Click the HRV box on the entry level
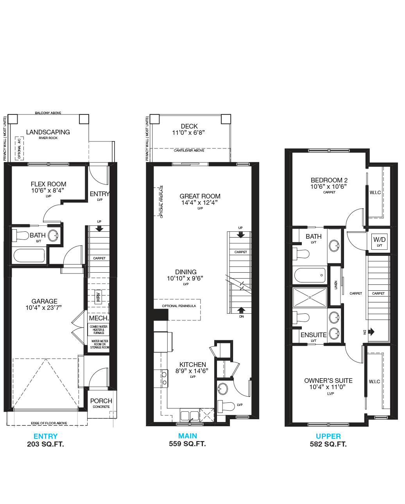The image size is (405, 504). (98, 297)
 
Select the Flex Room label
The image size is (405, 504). (48, 184)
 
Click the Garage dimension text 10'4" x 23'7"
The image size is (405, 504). (44, 307)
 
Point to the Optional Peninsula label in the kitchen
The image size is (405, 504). (179, 306)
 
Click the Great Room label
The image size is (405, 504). (200, 196)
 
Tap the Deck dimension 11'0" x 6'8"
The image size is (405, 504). (188, 132)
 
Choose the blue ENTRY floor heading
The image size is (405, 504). (45, 436)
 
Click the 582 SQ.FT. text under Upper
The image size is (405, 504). (328, 444)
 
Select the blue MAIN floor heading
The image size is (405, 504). (188, 436)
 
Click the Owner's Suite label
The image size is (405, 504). (328, 381)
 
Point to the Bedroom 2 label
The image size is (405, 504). (329, 180)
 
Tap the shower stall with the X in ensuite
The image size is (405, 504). (310, 297)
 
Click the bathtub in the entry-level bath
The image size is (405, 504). (29, 255)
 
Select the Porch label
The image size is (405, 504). (101, 401)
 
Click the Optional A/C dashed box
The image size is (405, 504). (19, 148)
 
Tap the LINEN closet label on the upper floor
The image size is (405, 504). (336, 285)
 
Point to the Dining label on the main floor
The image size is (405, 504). (186, 272)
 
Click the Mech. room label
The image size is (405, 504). (99, 318)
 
